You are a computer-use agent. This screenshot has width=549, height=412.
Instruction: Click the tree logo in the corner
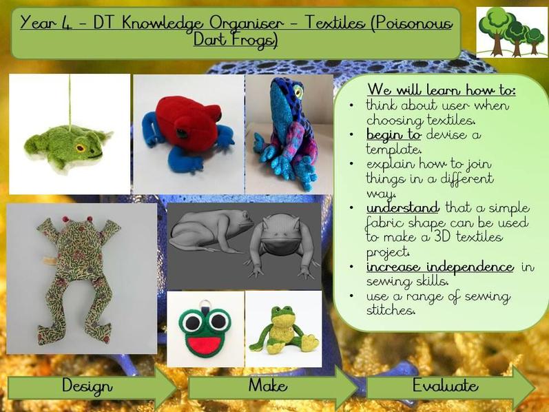click(x=512, y=32)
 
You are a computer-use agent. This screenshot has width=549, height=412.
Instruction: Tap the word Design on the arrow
click(x=87, y=386)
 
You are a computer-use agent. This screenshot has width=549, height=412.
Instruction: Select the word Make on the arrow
click(x=268, y=385)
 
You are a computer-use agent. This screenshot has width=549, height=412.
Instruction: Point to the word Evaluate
click(x=446, y=385)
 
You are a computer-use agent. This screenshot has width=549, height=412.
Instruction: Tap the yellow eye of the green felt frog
click(x=80, y=147)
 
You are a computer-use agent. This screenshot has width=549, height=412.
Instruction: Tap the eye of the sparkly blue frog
click(x=298, y=91)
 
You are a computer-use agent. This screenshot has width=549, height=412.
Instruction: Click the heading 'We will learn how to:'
click(x=442, y=90)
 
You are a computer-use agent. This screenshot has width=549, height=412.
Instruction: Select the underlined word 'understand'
click(x=403, y=208)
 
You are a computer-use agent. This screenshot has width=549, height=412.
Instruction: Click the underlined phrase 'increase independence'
click(x=440, y=267)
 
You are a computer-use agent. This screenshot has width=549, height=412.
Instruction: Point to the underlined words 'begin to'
click(x=393, y=135)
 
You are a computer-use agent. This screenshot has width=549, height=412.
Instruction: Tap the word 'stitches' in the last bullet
click(x=391, y=310)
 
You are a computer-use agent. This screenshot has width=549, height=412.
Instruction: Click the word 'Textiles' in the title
click(x=334, y=23)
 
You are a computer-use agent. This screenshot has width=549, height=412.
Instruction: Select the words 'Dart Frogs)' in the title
click(x=236, y=39)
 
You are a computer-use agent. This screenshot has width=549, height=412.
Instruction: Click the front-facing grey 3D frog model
click(x=280, y=245)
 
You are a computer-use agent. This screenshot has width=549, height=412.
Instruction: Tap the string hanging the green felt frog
click(x=70, y=101)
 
